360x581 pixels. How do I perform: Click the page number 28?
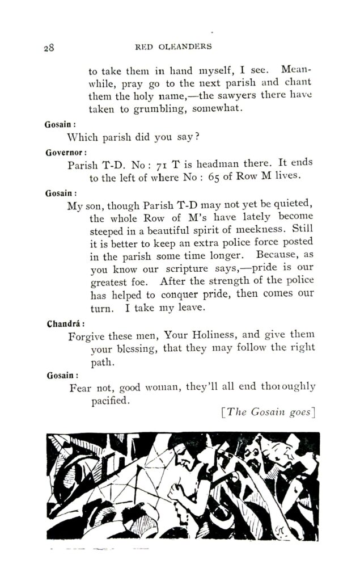(48, 48)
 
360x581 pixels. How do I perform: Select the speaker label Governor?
(66, 152)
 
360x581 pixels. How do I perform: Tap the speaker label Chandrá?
(65, 325)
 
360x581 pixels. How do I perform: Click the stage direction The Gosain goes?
(266, 412)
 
